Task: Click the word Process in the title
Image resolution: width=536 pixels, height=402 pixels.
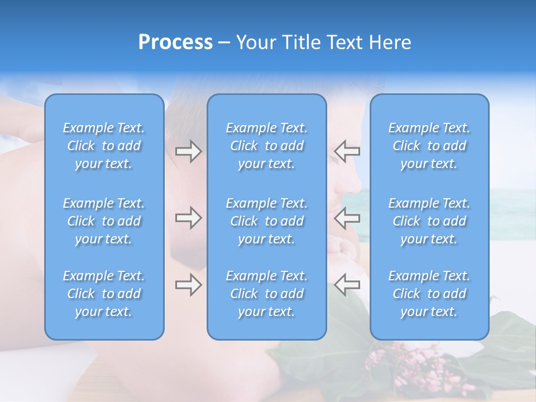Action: [175, 42]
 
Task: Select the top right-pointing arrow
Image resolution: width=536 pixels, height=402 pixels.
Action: [189, 151]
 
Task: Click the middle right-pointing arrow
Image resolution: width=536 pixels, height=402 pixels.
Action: [189, 218]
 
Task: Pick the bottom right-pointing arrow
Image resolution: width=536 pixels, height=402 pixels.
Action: [189, 285]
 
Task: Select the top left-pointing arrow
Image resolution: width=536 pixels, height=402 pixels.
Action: [347, 151]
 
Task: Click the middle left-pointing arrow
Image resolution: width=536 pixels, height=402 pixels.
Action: [347, 218]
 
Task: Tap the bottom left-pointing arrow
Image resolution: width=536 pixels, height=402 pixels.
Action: [347, 285]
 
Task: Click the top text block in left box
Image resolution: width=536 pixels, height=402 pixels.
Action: [104, 146]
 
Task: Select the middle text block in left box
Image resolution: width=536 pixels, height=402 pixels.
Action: [104, 221]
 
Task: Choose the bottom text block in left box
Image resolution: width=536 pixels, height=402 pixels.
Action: [104, 294]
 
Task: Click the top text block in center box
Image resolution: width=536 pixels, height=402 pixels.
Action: [267, 146]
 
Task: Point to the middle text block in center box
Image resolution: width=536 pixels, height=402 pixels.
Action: [267, 221]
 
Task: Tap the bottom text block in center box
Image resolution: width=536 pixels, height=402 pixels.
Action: [267, 294]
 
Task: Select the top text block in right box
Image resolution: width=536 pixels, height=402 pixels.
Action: [429, 146]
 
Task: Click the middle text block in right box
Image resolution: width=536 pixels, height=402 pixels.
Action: [429, 221]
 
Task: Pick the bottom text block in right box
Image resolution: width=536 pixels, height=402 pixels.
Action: [429, 294]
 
